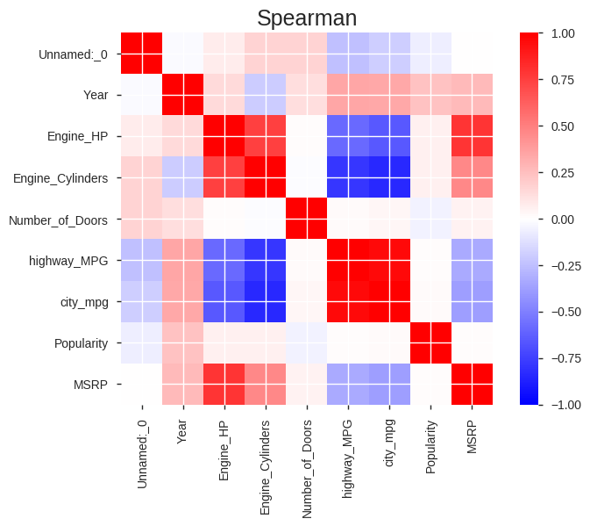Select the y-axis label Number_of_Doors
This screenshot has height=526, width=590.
click(59, 219)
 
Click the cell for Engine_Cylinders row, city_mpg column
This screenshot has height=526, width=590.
click(388, 177)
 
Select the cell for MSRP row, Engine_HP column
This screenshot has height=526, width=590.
click(223, 384)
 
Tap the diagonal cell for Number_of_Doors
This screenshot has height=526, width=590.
click(306, 219)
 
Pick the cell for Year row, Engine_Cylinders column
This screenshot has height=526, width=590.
click(265, 95)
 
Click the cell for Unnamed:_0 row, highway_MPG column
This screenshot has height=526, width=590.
click(347, 54)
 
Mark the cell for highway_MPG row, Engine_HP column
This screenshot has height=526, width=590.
click(223, 260)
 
